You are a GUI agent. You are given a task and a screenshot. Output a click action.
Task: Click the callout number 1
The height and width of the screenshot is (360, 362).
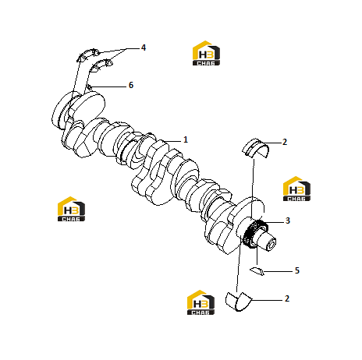point(186,139)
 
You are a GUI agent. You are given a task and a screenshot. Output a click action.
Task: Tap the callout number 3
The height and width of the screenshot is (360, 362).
point(287,221)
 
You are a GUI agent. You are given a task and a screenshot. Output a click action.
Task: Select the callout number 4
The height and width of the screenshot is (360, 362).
point(144,48)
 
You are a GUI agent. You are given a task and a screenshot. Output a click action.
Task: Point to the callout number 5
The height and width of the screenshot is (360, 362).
point(297,270)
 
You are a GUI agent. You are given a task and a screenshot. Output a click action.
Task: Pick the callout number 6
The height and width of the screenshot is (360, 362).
point(131,85)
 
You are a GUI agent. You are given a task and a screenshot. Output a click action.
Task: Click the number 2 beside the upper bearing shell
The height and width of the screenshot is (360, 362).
point(285,142)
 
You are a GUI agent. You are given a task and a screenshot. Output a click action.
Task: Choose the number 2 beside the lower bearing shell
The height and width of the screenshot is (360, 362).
point(287,298)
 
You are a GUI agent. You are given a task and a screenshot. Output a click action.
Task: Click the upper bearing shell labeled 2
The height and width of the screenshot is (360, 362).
point(255,149)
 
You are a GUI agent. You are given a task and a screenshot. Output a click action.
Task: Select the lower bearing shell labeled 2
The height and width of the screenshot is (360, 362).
point(239,302)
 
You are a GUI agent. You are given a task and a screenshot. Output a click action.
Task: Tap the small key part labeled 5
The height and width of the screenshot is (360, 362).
point(257,270)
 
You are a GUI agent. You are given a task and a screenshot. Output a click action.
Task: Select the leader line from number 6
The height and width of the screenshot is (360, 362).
point(108,86)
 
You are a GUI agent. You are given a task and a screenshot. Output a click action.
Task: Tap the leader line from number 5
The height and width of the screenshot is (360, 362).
point(278,272)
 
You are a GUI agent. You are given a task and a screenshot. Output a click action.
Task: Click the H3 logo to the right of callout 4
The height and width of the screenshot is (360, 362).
point(206,53)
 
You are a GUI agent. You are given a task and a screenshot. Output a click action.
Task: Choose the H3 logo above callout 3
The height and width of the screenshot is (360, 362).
point(296,189)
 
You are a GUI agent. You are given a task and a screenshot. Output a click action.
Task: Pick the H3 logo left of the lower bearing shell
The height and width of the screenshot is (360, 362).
point(201,302)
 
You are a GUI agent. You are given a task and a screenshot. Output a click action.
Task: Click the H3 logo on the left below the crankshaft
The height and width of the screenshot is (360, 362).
point(71,209)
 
